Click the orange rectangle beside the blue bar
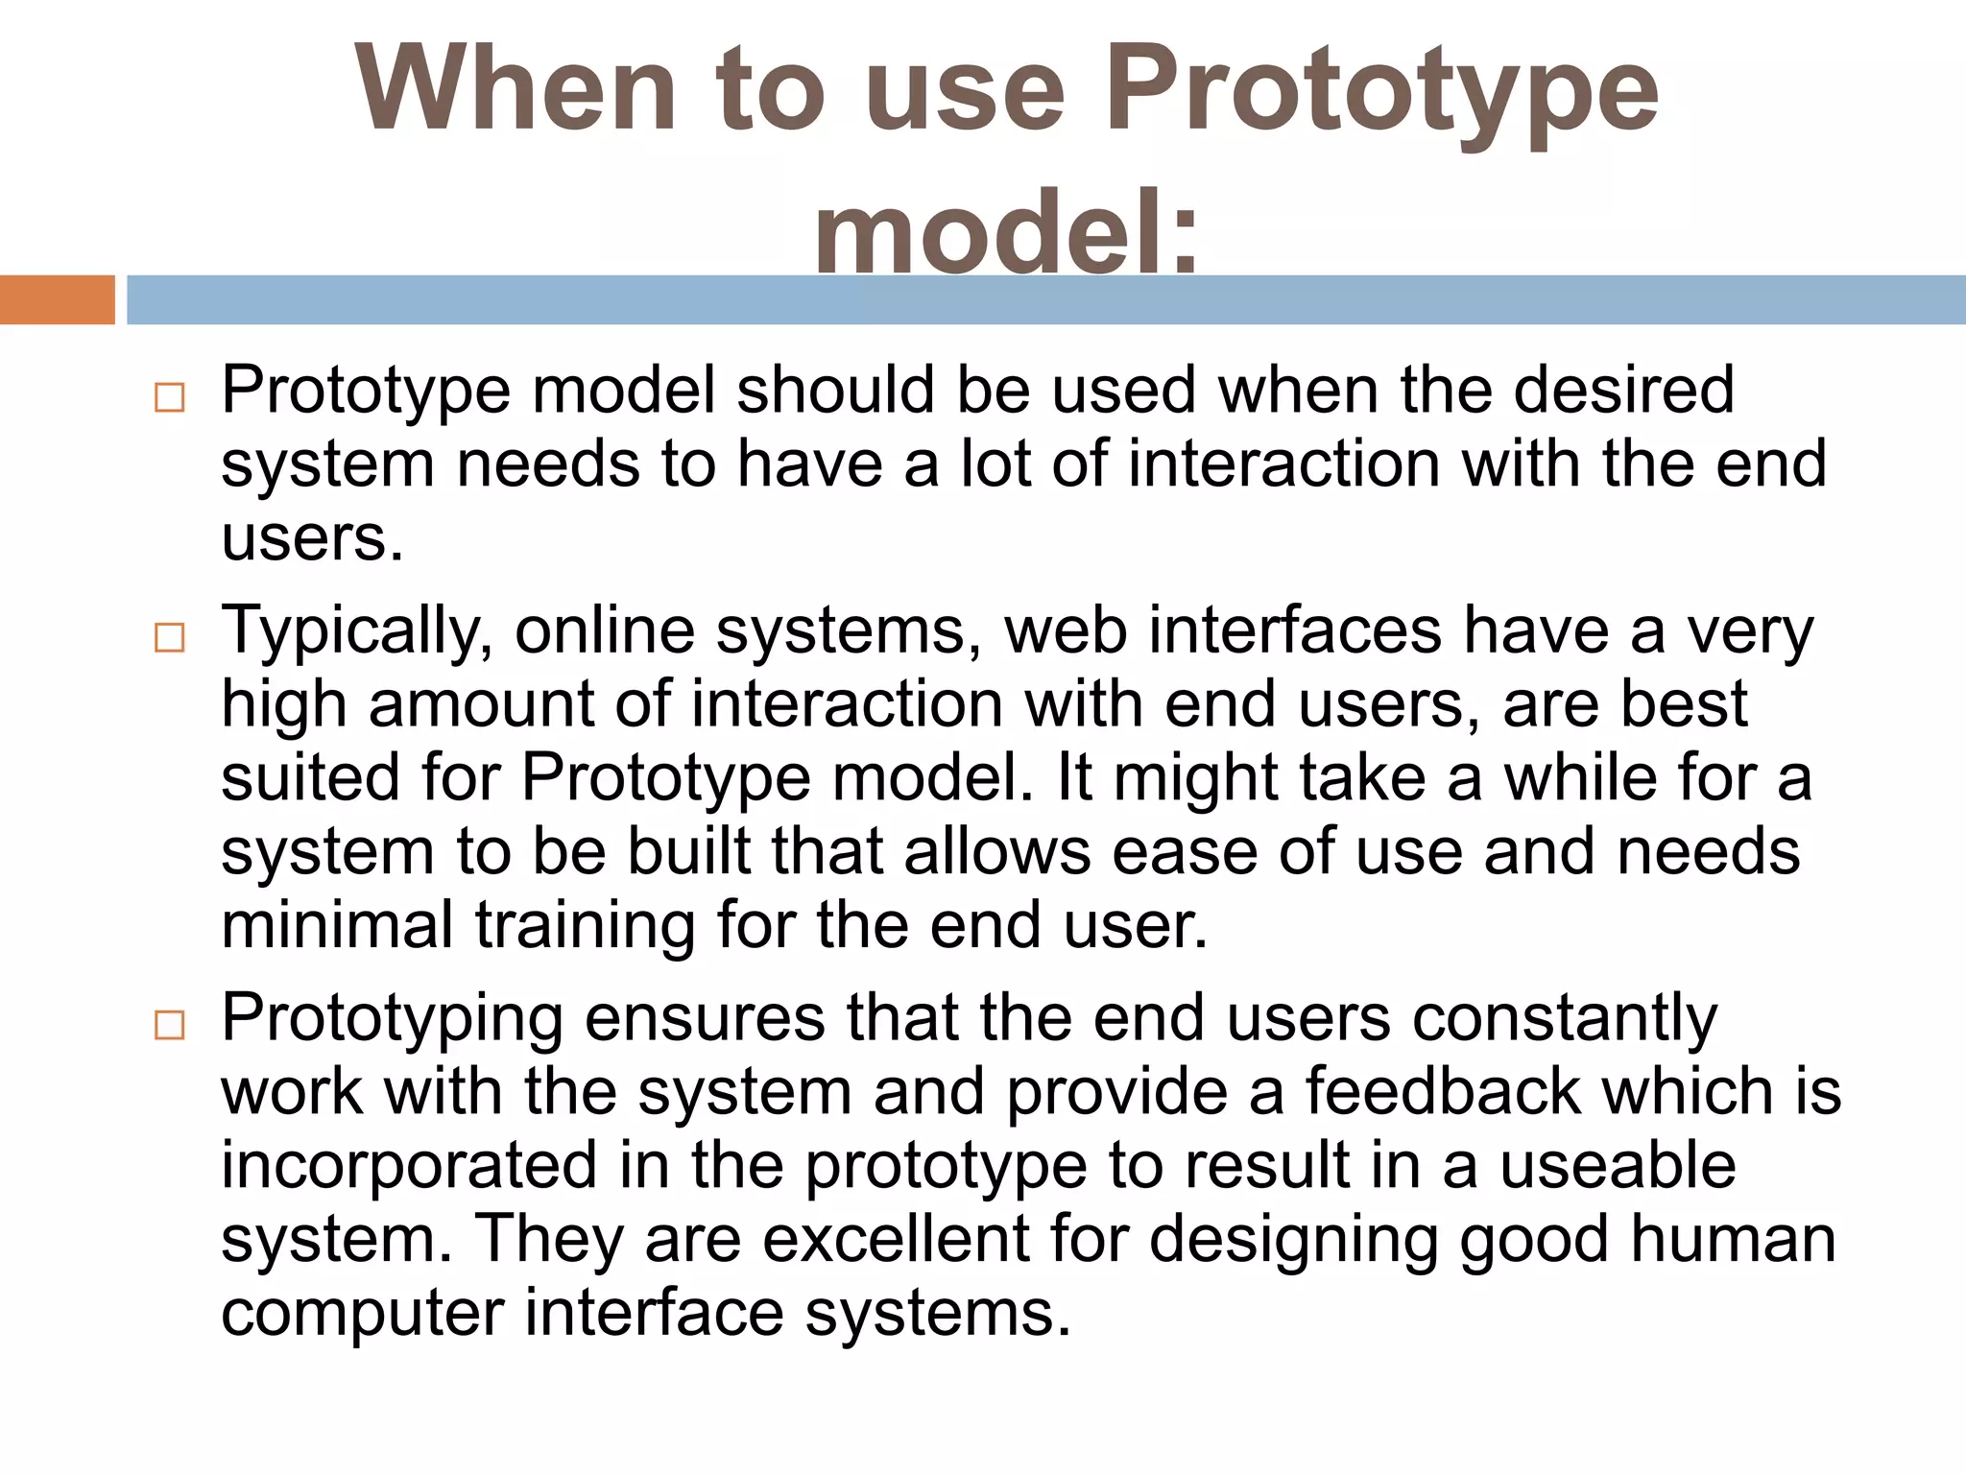57,299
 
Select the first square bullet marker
169,397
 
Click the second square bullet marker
169,637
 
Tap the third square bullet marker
169,1025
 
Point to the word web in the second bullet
1065,631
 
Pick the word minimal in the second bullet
336,925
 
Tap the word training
585,927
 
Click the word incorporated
409,1167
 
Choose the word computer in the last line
362,1315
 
